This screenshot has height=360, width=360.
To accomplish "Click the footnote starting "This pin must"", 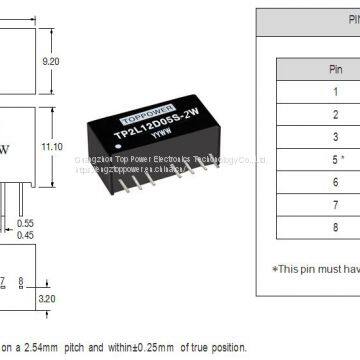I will (x=315, y=268).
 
